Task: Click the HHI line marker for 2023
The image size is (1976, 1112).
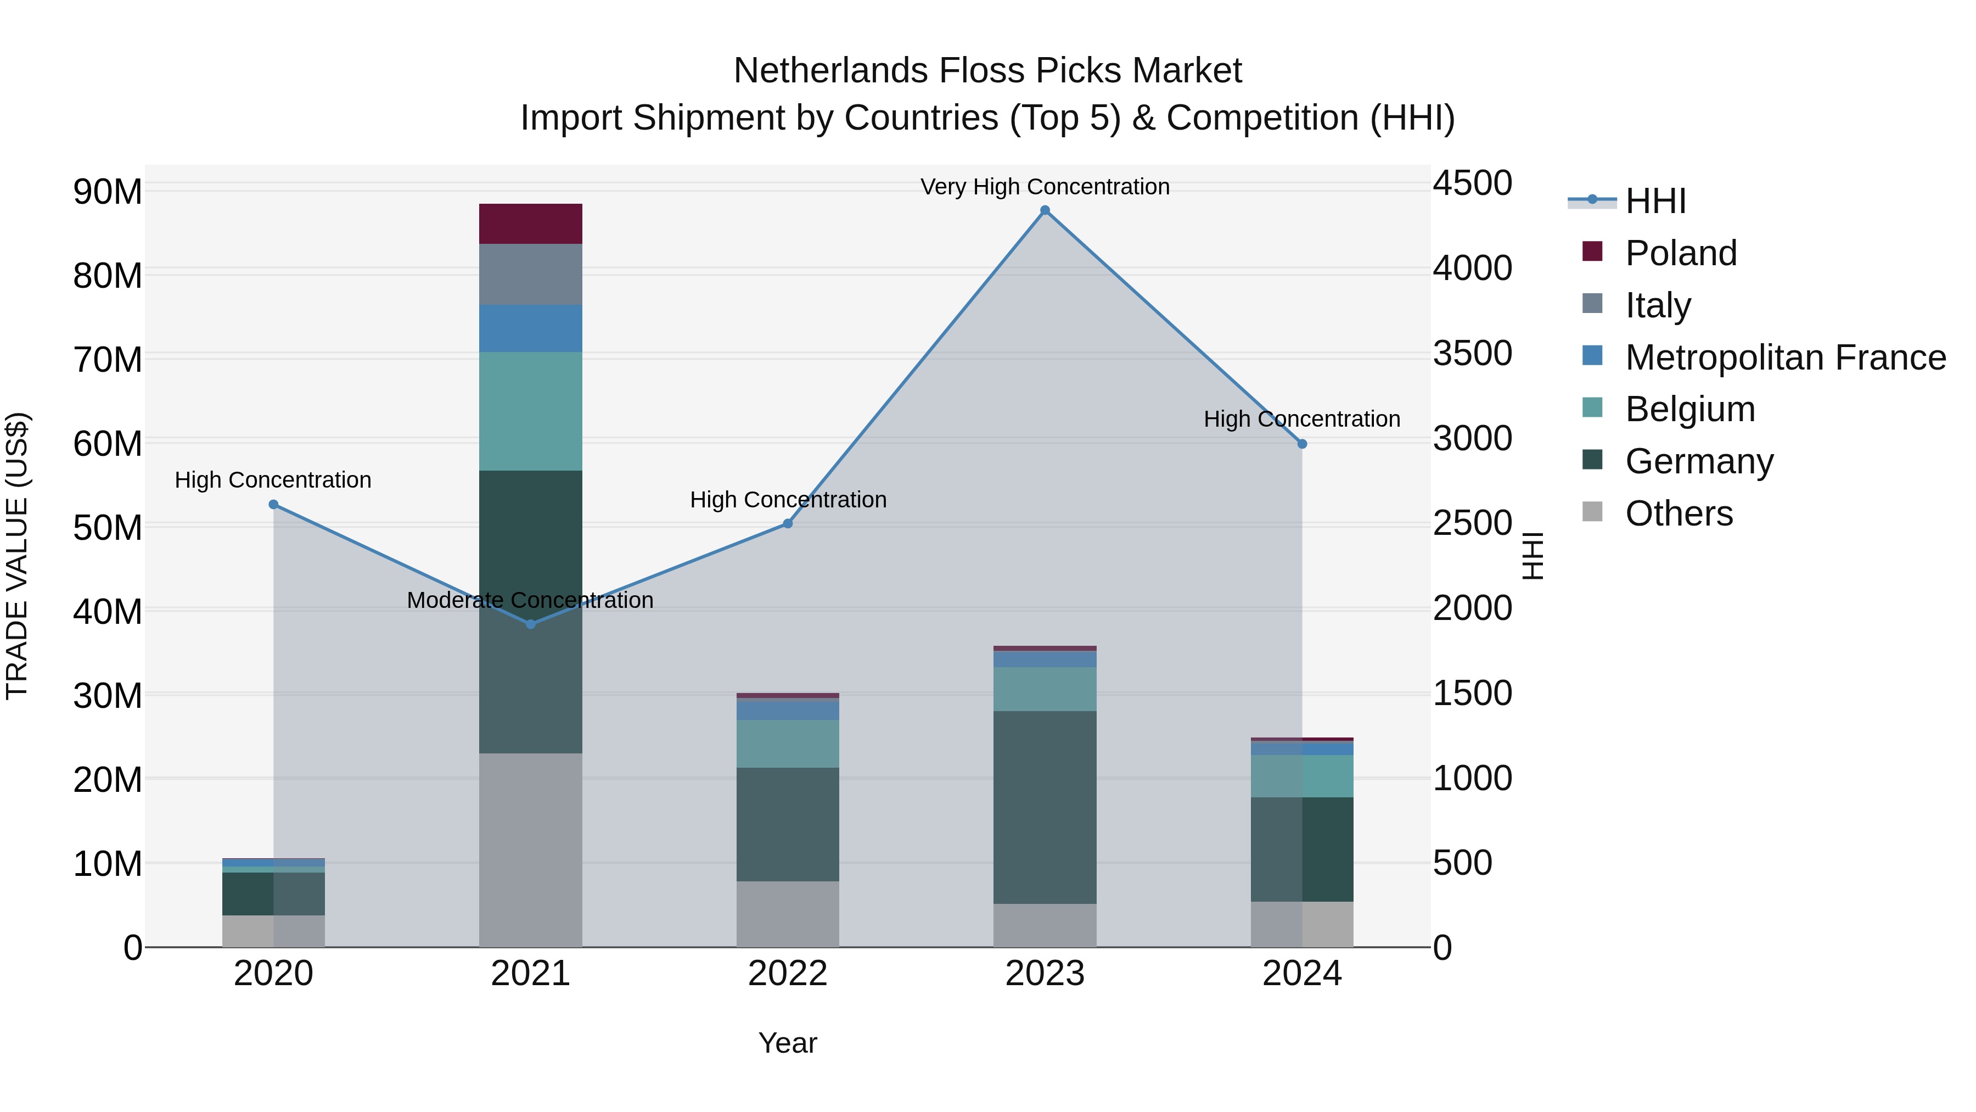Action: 1045,210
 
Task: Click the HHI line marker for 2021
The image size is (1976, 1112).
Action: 531,624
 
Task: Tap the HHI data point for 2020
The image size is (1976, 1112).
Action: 274,504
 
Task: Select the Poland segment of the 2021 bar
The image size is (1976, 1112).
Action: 531,224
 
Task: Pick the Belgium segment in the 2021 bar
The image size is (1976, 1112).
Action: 531,411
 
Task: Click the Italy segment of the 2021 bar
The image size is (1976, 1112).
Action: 531,274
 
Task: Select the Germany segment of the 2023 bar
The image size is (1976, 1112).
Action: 1045,807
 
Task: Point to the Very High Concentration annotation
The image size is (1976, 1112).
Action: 1045,187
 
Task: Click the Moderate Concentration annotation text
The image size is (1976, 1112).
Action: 530,600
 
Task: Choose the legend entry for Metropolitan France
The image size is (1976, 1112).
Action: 1785,357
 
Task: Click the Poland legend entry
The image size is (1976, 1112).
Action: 1681,253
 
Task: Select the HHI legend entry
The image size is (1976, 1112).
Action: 1655,201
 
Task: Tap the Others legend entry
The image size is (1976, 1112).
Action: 1679,513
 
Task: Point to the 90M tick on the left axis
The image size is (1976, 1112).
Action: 108,191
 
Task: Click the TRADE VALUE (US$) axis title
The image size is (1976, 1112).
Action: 17,556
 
